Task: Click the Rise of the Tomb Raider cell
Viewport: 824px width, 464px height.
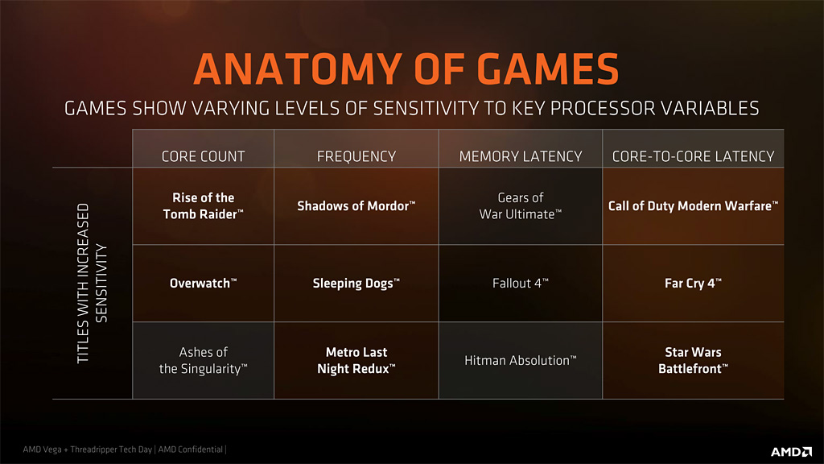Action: click(x=203, y=205)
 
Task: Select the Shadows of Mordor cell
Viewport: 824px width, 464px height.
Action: click(x=356, y=205)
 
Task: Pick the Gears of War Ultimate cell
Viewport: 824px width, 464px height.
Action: click(x=521, y=205)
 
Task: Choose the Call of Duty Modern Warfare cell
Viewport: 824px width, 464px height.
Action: click(x=693, y=205)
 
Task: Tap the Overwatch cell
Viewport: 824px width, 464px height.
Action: click(x=203, y=283)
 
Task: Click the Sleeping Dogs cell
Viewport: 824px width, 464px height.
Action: click(x=356, y=284)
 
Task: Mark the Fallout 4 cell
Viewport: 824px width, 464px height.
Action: click(x=521, y=283)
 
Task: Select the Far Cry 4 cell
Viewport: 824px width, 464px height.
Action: click(x=693, y=284)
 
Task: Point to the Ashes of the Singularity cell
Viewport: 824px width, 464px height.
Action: click(x=203, y=360)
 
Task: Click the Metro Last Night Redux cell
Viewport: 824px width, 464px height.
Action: click(x=356, y=360)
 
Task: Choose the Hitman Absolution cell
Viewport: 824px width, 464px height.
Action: click(x=521, y=360)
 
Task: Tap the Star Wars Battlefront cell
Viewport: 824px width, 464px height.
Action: click(x=693, y=360)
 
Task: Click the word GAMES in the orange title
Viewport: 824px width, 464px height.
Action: click(x=548, y=69)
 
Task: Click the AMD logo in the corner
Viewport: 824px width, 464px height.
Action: click(x=792, y=451)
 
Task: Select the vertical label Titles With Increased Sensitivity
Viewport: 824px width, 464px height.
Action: click(x=92, y=283)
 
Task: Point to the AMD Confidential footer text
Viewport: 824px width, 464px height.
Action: click(x=190, y=449)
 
